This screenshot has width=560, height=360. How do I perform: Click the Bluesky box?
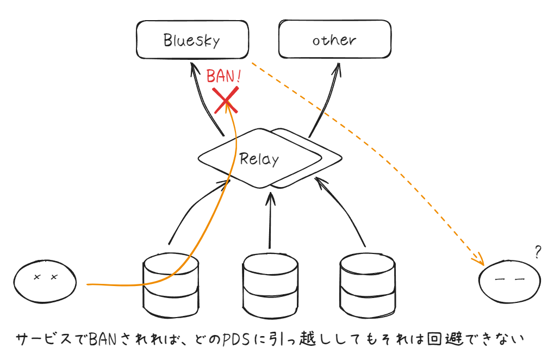click(x=191, y=40)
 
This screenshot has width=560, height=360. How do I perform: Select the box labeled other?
click(x=334, y=40)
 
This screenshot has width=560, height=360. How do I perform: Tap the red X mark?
click(x=226, y=100)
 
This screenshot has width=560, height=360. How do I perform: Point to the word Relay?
click(x=259, y=159)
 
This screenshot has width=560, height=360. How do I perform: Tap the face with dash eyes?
click(x=509, y=282)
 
